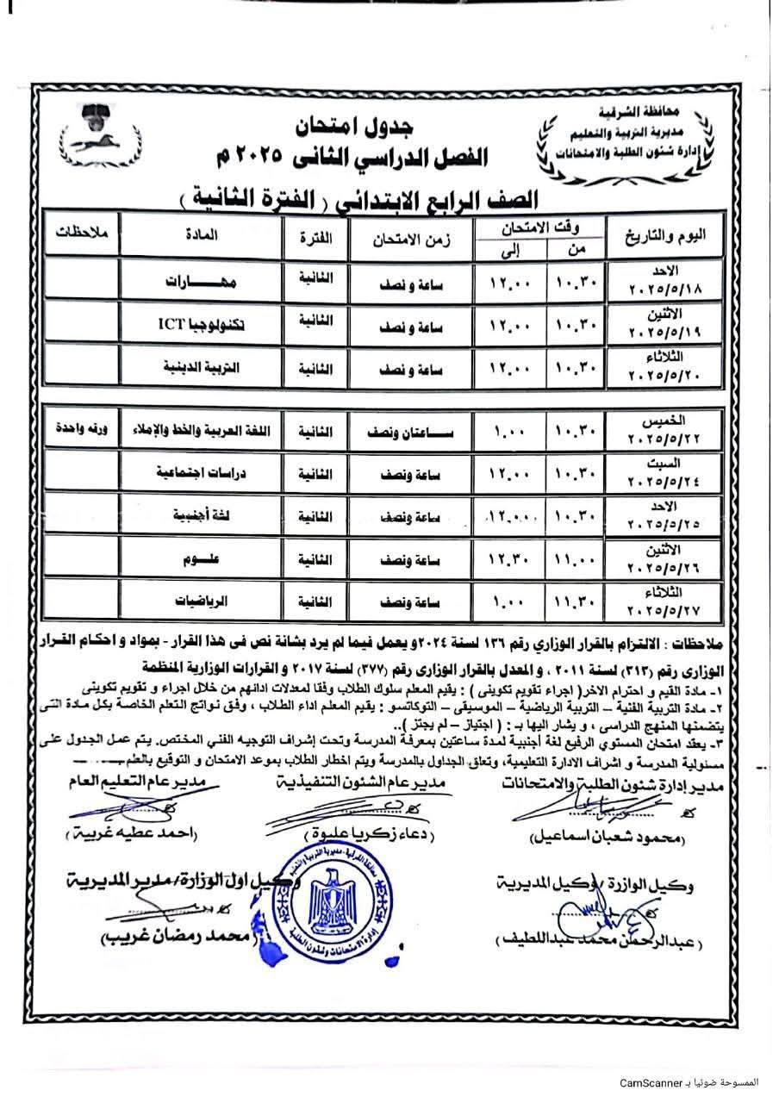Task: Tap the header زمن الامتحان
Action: tap(411, 235)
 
